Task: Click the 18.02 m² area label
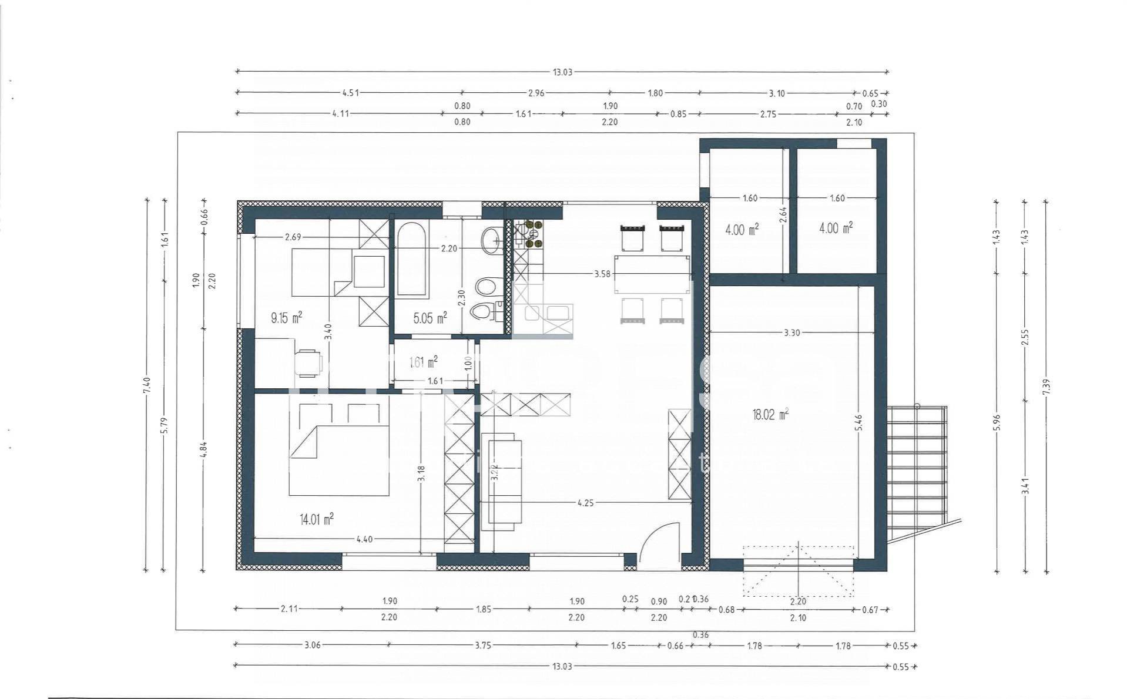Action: [770, 415]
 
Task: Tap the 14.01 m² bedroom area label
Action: [317, 519]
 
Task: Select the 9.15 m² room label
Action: [286, 318]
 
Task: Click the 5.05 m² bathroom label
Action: [430, 318]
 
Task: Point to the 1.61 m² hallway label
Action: [423, 362]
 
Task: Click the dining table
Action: [652, 274]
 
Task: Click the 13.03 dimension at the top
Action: [562, 72]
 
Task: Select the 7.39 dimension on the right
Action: [1046, 386]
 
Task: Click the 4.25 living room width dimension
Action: [585, 503]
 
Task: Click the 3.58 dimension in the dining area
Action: [602, 274]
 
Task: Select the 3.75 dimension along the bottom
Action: [482, 645]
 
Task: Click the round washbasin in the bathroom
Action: [491, 240]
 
